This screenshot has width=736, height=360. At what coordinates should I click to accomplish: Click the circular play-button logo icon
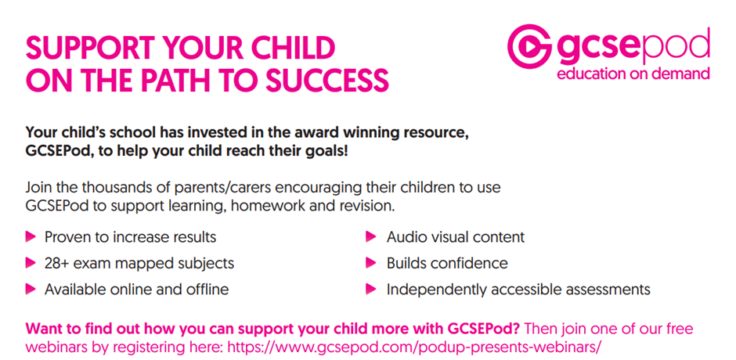(x=529, y=46)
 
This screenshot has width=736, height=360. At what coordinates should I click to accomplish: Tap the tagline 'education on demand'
(x=633, y=74)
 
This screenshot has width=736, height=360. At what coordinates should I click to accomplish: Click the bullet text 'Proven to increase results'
(x=131, y=237)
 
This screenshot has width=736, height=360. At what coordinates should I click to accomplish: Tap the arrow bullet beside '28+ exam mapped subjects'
(x=31, y=262)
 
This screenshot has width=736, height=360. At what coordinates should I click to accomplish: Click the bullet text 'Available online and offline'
(x=136, y=290)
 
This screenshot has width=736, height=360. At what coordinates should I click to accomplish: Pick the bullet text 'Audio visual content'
(x=456, y=237)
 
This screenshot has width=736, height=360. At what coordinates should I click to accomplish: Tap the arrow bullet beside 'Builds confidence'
(x=371, y=262)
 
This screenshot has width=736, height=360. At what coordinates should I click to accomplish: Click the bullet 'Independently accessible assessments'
(x=518, y=290)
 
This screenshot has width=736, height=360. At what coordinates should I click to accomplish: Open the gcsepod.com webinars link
(x=414, y=347)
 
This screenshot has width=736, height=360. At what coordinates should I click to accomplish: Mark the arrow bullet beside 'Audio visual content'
(x=371, y=236)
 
